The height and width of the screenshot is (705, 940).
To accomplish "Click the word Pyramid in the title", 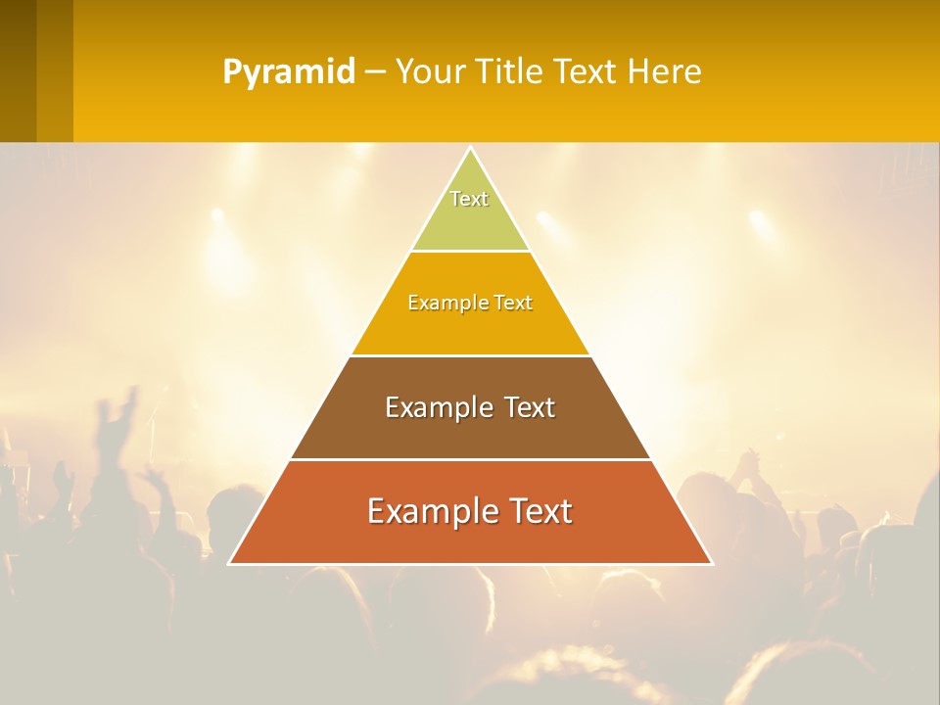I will coord(289,72).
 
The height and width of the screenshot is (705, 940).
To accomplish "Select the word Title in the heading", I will coord(514,72).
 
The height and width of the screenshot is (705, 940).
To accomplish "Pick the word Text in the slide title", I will coord(587,72).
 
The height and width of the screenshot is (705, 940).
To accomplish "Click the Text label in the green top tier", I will coord(469,199).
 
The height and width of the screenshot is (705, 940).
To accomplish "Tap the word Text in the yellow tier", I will coord(513,303).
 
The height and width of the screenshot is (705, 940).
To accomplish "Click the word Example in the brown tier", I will coord(437,407).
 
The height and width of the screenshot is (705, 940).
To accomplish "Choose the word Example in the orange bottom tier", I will coord(427,511).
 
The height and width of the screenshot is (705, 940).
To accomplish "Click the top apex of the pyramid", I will coord(470,149).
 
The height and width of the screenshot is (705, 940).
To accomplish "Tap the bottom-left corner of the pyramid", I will coord(230,563).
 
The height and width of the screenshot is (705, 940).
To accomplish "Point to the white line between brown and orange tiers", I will coord(470,459).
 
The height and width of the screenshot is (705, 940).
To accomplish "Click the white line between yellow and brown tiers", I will coord(470,355).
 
